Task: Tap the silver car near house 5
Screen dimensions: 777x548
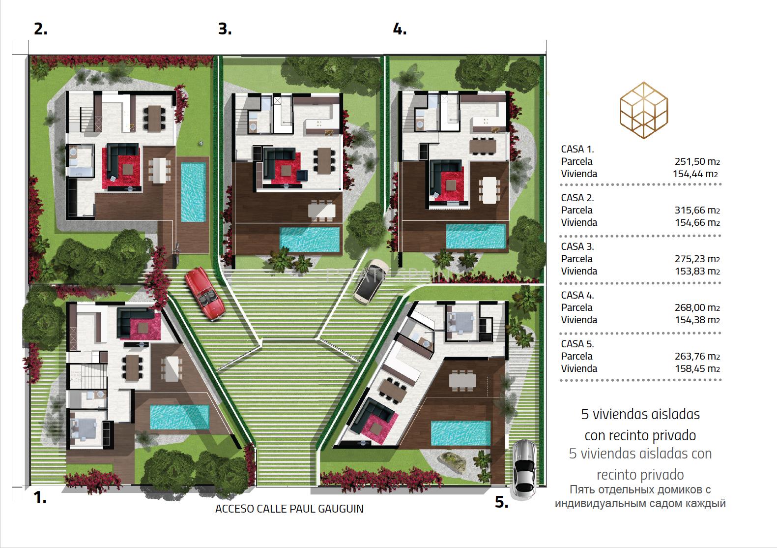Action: click(525, 469)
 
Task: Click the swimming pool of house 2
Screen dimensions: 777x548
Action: click(193, 192)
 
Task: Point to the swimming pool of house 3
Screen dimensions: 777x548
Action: click(310, 240)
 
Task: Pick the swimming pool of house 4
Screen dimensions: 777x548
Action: click(476, 236)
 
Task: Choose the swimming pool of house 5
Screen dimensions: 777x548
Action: click(460, 433)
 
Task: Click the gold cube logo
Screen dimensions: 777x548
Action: click(644, 110)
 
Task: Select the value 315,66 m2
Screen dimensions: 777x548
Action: click(697, 210)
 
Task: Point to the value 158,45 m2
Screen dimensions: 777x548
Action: click(697, 368)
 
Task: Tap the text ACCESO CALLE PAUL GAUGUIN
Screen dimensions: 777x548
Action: click(289, 509)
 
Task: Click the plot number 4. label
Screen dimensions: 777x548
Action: click(400, 29)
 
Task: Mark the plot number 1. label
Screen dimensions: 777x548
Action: click(40, 497)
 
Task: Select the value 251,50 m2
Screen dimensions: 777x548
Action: click(697, 161)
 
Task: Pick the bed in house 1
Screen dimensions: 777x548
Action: click(83, 429)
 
